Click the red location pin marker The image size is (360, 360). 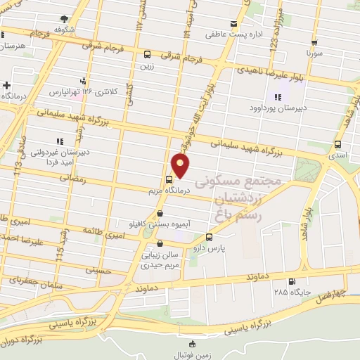pyautogui.click(x=181, y=165)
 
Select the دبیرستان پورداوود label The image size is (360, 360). pyautogui.click(x=273, y=109)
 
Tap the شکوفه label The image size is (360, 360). pyautogui.click(x=65, y=30)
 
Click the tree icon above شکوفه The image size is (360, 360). pyautogui.click(x=65, y=20)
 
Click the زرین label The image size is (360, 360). pyautogui.click(x=146, y=65)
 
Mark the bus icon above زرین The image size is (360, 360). pyautogui.click(x=147, y=54)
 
